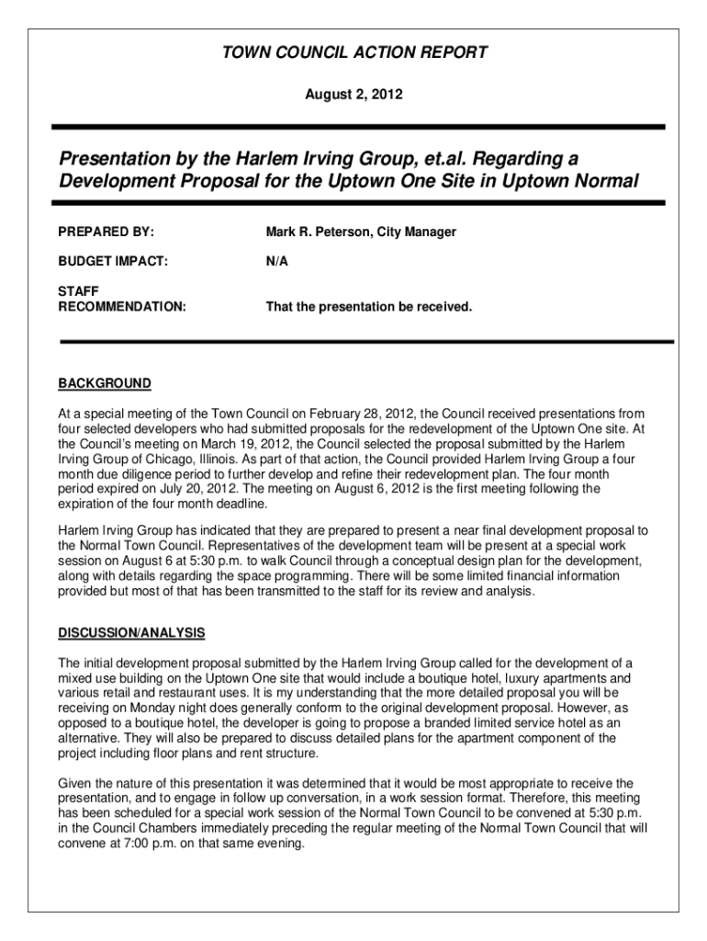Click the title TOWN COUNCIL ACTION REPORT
pos(354,53)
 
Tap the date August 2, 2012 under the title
pos(354,95)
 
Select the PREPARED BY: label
pos(107,232)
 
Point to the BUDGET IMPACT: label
pos(113,262)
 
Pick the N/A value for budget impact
pos(277,262)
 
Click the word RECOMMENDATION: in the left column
pos(122,306)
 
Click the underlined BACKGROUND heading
pos(105,383)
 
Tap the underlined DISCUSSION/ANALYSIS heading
pos(131,633)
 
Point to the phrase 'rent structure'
pos(277,753)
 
